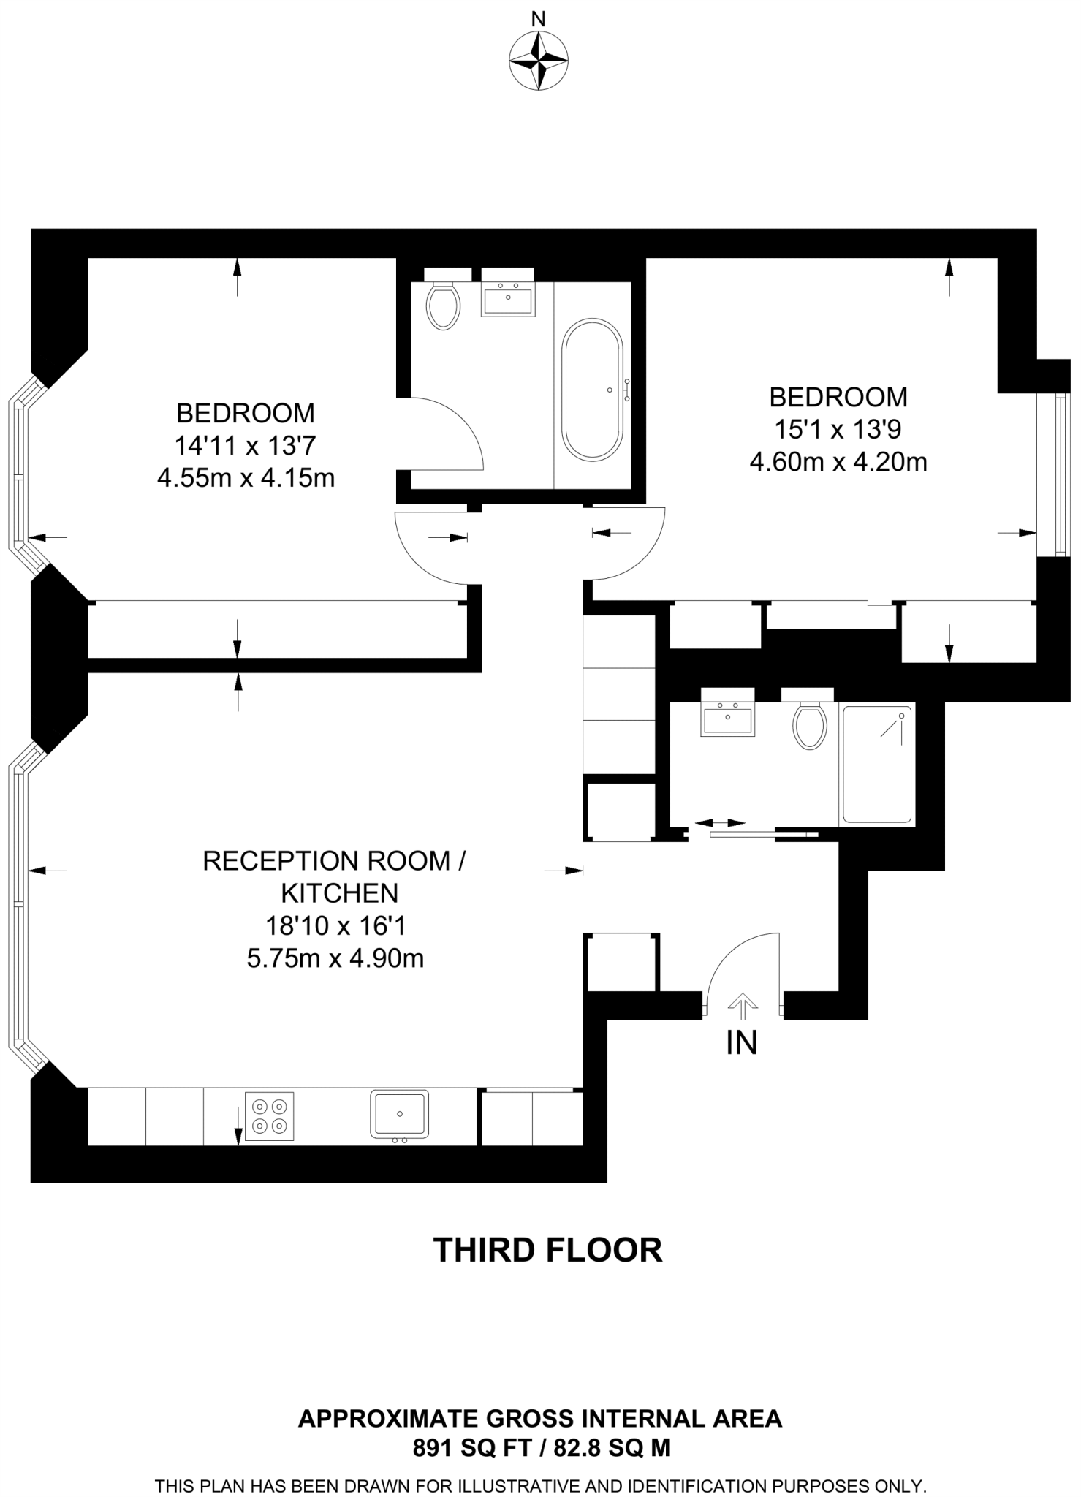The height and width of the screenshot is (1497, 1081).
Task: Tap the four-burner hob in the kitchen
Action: coord(270,1116)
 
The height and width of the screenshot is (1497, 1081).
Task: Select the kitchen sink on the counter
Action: coord(399,1114)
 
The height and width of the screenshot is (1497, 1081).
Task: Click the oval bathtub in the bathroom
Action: coord(592,389)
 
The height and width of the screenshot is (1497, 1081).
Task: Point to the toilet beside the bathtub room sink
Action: coord(443,306)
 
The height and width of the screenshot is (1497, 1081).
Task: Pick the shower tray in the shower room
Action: coord(877,764)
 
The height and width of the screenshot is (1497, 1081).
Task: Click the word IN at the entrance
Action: coord(741,1043)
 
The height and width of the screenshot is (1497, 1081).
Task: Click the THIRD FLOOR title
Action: coord(547,1250)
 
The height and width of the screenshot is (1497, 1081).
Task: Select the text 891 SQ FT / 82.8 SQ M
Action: coord(541,1447)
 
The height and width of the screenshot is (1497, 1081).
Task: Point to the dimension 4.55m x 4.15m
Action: coord(246,478)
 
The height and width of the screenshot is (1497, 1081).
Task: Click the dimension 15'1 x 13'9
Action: coord(838,430)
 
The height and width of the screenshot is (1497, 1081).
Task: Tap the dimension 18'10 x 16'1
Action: coord(335,926)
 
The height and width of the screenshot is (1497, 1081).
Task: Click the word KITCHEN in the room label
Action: coord(340,893)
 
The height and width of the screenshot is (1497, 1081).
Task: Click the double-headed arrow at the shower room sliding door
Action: coord(720,823)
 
